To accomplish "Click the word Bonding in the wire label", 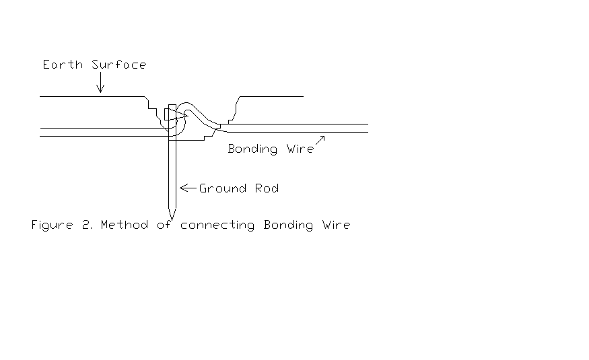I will coord(252,149).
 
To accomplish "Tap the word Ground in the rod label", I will coord(221,188).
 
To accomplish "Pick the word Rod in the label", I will coord(266,188).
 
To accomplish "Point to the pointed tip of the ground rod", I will coord(172,217).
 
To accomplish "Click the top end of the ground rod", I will coord(172,105).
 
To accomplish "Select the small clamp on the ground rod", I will coord(170,114).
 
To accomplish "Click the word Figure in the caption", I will coord(52,225).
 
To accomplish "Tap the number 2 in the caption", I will coord(86,225).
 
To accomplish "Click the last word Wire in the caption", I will coord(336,225).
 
